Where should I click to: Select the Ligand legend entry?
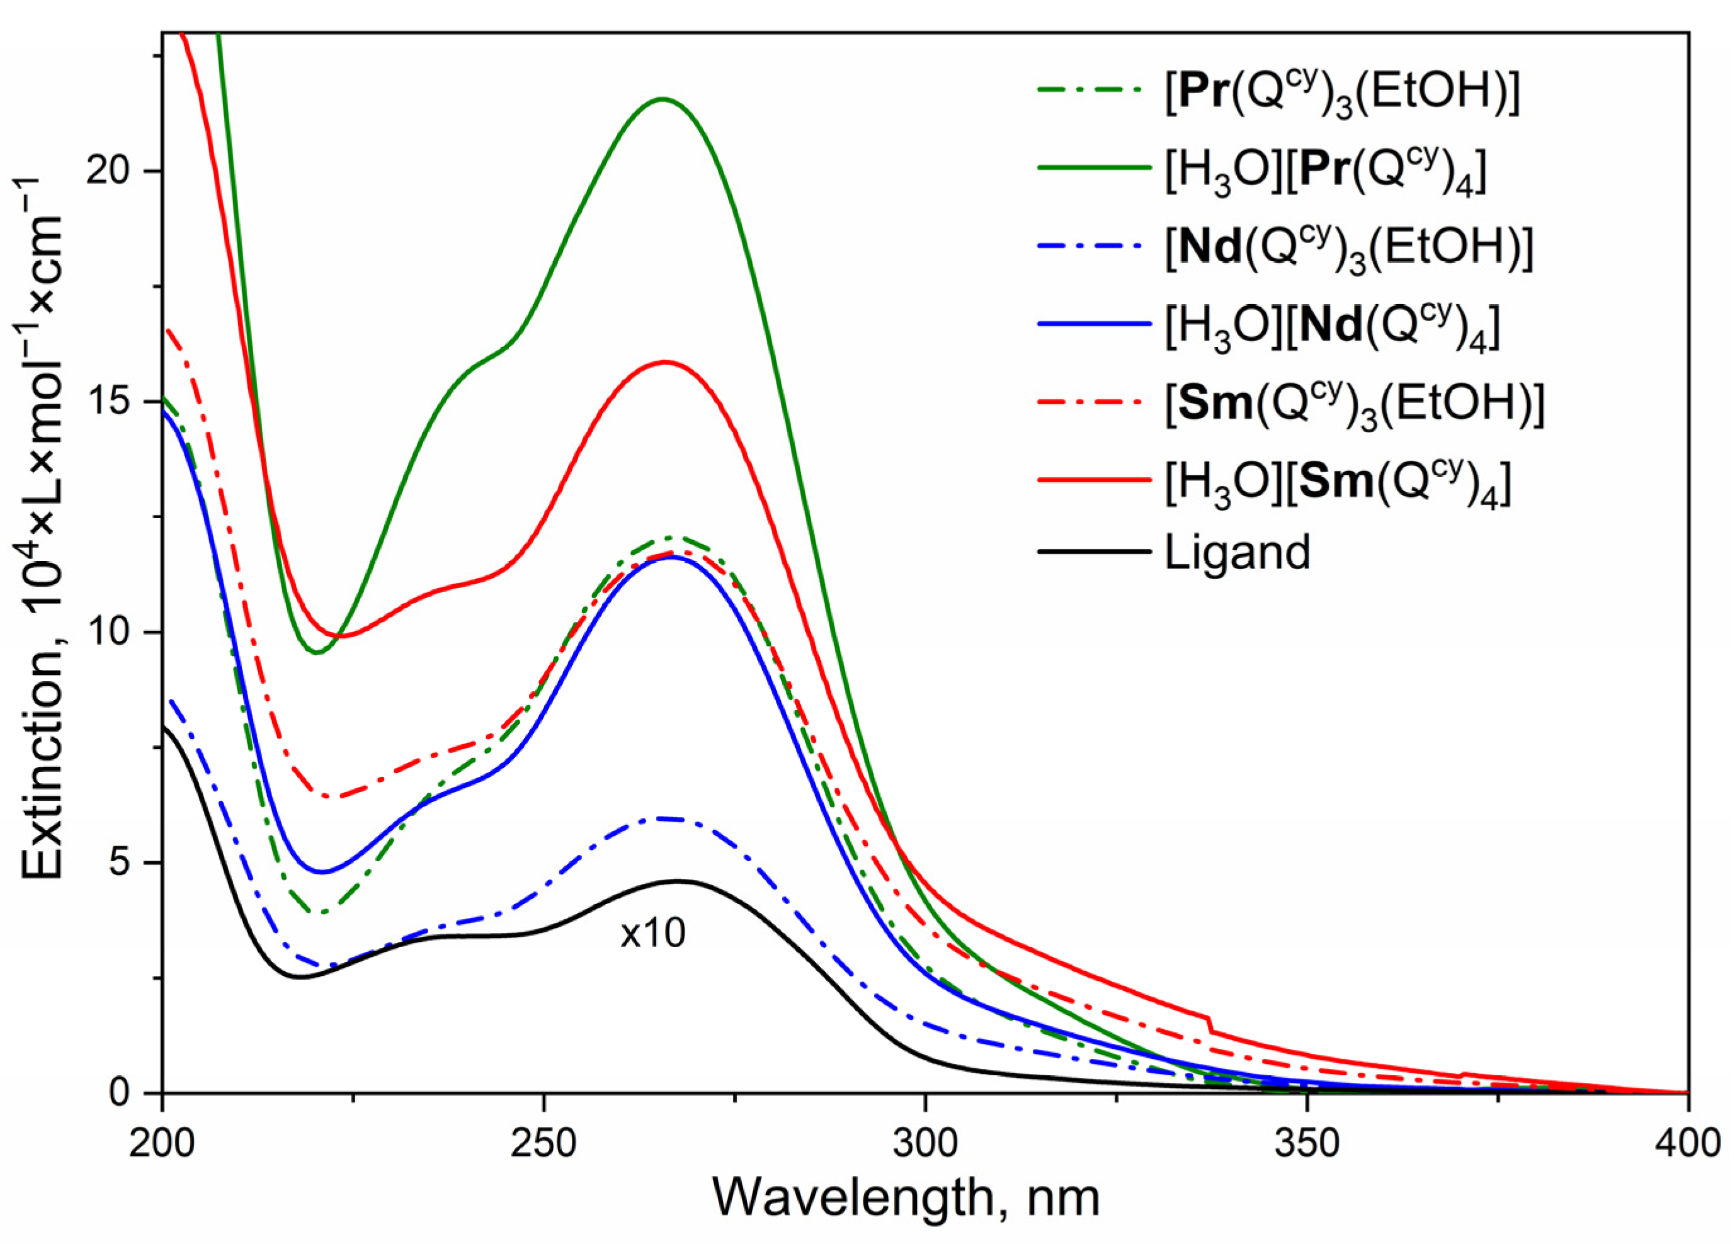coord(1237,552)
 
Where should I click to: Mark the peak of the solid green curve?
coord(663,99)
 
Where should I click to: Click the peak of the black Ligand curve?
coord(676,881)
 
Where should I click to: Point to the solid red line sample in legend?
coord(1094,479)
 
